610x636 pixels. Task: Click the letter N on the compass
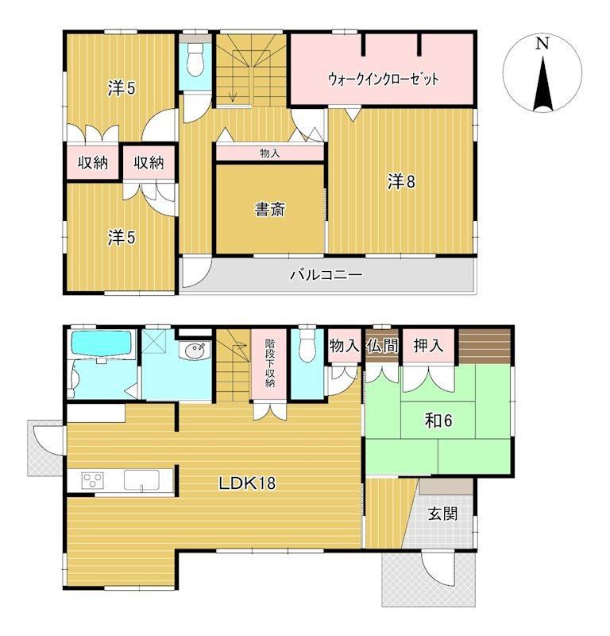coord(542,43)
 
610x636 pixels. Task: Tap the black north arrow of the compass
coord(542,84)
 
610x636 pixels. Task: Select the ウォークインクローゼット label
coord(383,79)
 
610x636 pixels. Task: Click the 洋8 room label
coord(401,181)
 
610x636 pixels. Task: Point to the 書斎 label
coord(269,210)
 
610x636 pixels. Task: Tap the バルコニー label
coord(326,275)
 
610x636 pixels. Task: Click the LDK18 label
coord(247,483)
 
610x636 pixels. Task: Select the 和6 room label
coord(438,421)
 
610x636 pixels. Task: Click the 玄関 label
coord(442,514)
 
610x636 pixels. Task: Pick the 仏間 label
coord(382,346)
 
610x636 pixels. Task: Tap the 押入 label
coord(428,346)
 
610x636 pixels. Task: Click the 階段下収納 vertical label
coord(270,363)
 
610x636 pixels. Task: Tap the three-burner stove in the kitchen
coord(93,481)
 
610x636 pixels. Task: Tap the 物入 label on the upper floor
coord(269,153)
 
